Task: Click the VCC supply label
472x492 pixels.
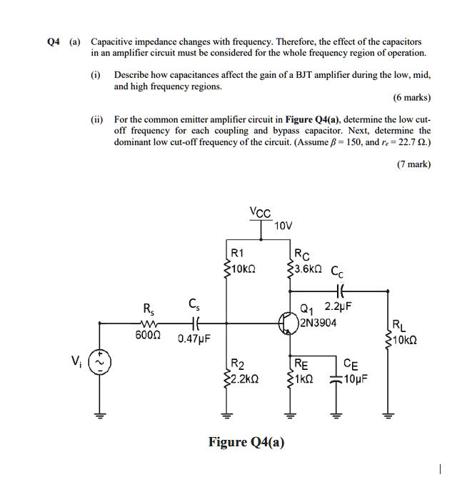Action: (260, 212)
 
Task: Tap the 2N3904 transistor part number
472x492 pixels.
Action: (318, 322)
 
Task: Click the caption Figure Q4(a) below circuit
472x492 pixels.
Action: (246, 442)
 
